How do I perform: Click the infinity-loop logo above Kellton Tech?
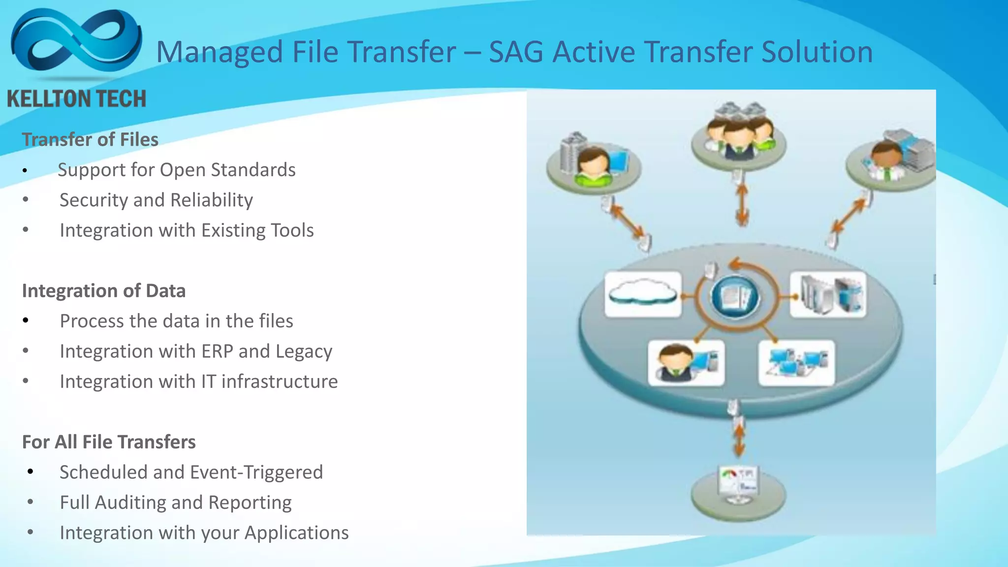(x=76, y=42)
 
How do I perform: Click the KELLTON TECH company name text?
(x=77, y=99)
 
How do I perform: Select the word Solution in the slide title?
(x=817, y=52)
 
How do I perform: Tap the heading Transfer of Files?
(x=90, y=140)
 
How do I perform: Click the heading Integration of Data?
(x=104, y=291)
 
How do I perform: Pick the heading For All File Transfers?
(x=109, y=442)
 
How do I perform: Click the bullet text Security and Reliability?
(x=156, y=200)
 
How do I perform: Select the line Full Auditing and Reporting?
(x=176, y=503)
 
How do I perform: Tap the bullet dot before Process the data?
(x=26, y=321)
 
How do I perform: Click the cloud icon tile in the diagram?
(x=643, y=294)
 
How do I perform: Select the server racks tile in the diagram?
(x=828, y=294)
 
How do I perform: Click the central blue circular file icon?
(x=735, y=297)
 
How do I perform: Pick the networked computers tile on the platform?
(x=796, y=363)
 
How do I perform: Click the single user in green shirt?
(x=594, y=166)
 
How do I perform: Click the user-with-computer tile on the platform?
(x=686, y=363)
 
